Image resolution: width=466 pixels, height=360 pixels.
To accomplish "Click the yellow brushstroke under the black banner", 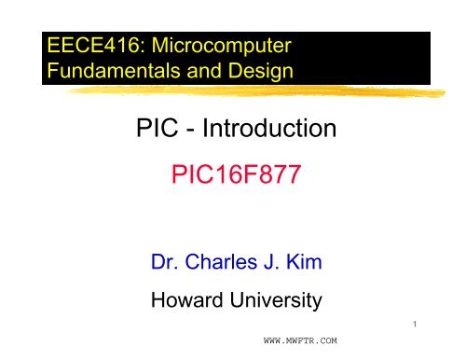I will point(233,91).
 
